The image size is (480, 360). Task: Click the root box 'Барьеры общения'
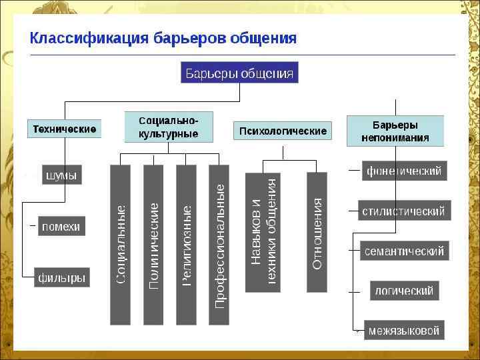239,73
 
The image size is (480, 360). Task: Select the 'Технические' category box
65,129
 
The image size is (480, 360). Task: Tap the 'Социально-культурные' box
169,127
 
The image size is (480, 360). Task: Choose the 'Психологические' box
283,131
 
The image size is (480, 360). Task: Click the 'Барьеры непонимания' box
395,131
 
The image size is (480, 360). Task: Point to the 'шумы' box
61,175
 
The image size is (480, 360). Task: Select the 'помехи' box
61,227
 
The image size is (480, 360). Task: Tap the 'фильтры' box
62,278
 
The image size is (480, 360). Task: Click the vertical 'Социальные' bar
121,245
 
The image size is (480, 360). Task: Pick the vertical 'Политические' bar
153,245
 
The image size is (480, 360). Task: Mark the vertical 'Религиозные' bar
186,245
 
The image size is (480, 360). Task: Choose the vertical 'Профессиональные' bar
219,245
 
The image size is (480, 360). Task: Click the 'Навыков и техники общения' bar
263,231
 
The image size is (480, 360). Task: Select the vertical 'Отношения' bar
317,231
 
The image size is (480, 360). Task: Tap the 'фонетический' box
404,171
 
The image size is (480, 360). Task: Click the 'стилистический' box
404,211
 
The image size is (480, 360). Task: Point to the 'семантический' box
404,251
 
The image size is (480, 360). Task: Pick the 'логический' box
404,291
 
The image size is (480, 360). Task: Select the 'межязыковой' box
404,330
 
